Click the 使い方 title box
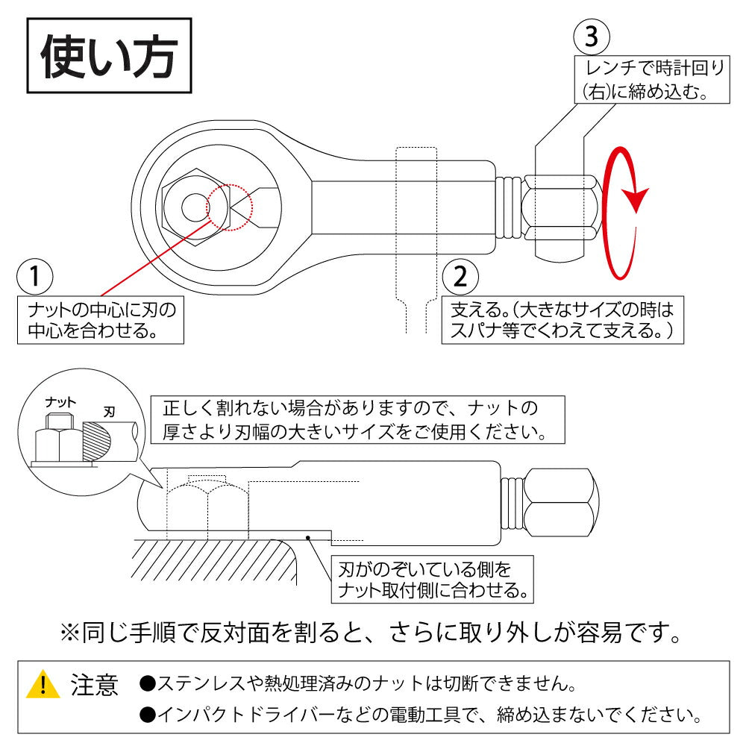(110, 58)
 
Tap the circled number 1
(34, 277)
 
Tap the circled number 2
(460, 277)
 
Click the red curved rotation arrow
(624, 213)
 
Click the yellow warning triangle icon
(43, 685)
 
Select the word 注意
(94, 685)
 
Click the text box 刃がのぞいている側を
(433, 580)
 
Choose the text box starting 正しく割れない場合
(357, 420)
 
